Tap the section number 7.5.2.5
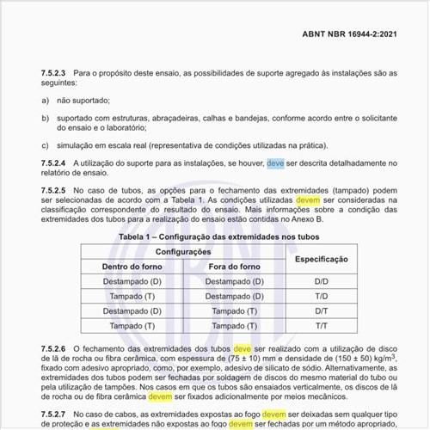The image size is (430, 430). (56, 189)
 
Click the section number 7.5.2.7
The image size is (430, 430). (56, 414)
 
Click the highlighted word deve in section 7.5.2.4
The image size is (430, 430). (275, 163)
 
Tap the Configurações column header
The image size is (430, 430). (183, 251)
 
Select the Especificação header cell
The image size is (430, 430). (321, 258)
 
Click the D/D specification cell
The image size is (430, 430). (321, 281)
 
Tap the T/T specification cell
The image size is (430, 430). (321, 326)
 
